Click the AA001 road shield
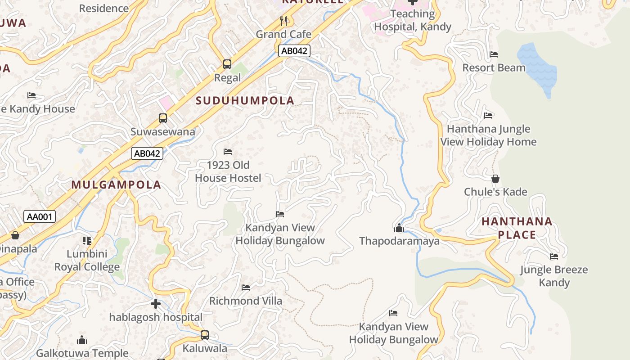[x=40, y=217]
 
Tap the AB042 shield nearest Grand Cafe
[x=294, y=51]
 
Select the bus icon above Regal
[x=227, y=64]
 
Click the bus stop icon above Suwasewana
[x=163, y=118]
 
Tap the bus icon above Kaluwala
[x=205, y=335]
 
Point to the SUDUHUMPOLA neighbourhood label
[x=245, y=101]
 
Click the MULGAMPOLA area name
[x=116, y=185]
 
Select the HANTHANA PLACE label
[x=517, y=228]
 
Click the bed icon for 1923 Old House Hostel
[x=228, y=152]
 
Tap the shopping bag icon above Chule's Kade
[x=495, y=179]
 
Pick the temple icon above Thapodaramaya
[x=399, y=228]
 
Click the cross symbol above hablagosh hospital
[x=156, y=304]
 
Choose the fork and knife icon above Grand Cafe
[x=283, y=21]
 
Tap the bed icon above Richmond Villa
[x=246, y=287]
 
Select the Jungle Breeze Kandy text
[x=554, y=276]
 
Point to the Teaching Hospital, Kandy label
[x=413, y=20]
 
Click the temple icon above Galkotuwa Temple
[x=82, y=340]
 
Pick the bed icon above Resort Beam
[x=494, y=54]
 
